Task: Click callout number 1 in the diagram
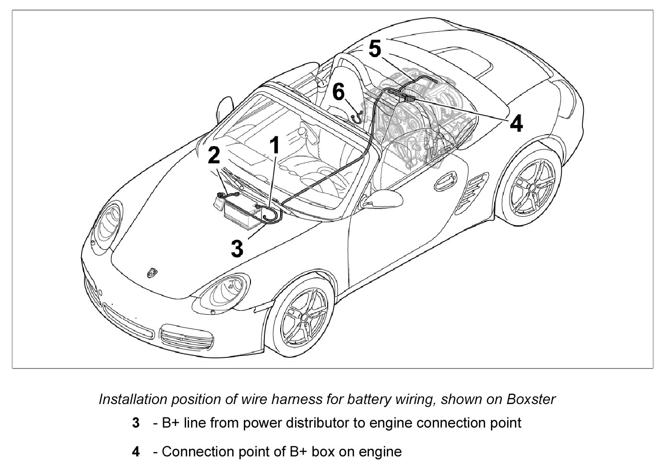(x=274, y=145)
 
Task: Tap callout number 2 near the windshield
(x=214, y=155)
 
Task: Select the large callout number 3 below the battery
(x=237, y=248)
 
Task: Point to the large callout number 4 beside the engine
(x=516, y=123)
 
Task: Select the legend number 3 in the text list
(x=136, y=423)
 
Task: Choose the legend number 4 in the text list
(x=136, y=452)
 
